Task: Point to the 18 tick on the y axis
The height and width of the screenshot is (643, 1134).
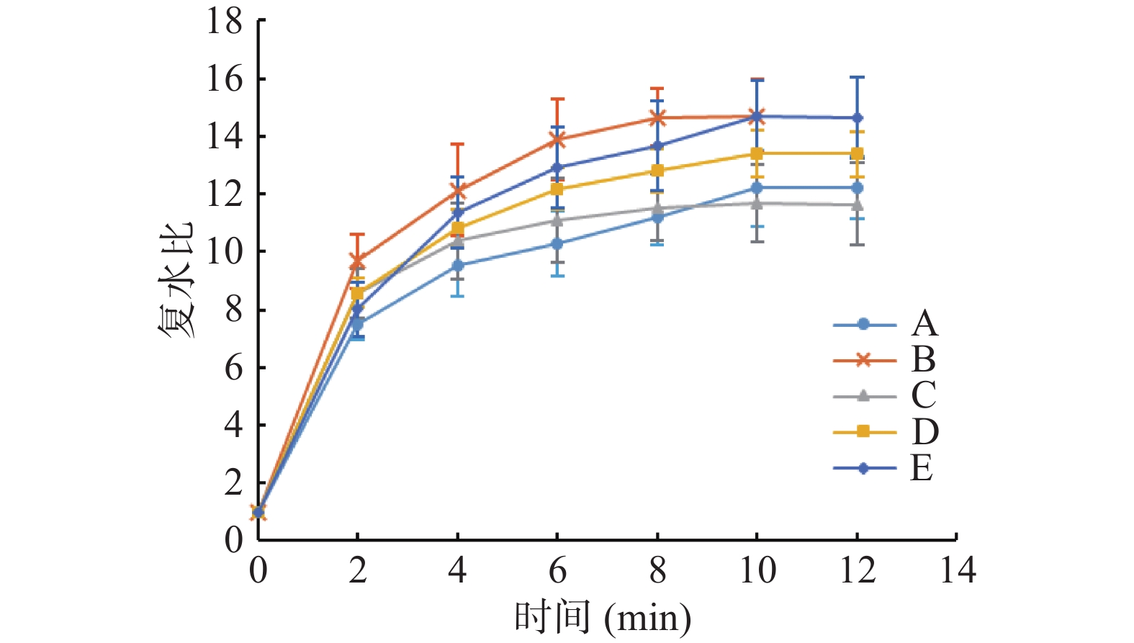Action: point(225,22)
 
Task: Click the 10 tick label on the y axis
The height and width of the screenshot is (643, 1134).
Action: point(225,252)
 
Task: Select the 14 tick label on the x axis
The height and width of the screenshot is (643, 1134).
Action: point(958,571)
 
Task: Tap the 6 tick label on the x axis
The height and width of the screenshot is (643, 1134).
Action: point(557,571)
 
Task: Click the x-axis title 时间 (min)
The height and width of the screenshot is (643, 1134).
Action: point(602,618)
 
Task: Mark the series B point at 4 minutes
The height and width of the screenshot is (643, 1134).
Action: point(458,191)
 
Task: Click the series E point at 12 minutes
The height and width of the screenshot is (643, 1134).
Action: point(857,118)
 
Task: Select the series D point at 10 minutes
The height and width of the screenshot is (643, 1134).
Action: point(757,153)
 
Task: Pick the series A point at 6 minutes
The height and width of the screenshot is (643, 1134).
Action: point(557,244)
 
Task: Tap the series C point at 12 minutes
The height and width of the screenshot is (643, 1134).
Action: point(857,204)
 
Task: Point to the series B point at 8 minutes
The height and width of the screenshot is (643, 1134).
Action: point(657,117)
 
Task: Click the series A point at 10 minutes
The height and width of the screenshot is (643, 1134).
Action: point(757,188)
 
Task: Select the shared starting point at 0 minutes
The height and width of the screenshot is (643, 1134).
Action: point(258,513)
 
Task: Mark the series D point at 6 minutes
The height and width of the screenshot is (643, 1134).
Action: point(557,189)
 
